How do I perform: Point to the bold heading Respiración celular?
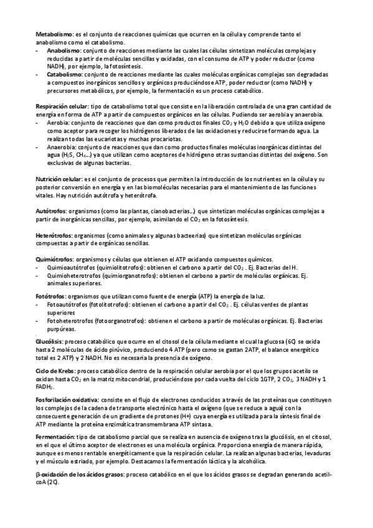62,106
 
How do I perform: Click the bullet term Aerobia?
57,123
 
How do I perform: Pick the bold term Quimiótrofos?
55,258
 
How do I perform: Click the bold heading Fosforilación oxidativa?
67,399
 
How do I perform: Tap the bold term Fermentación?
55,436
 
